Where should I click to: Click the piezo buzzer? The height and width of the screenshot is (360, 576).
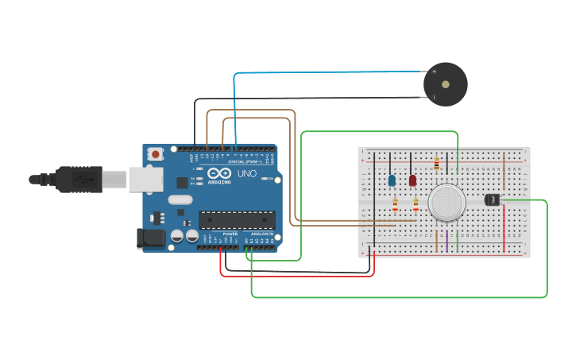445,84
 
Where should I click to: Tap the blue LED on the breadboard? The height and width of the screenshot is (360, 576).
392,180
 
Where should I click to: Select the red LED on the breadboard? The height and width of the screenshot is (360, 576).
412,180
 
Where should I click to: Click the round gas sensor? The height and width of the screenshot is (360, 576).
447,203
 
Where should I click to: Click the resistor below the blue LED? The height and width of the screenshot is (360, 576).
395,207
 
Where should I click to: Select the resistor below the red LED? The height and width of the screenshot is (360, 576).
416,207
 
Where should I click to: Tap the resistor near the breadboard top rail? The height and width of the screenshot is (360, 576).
436,165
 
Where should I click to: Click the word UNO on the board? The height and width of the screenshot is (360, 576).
247,172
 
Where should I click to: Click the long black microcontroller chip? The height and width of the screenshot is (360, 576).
237,219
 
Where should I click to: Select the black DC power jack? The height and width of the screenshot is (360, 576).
150,238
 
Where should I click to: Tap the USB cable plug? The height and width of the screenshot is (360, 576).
79,180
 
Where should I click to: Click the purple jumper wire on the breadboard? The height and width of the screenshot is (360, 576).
446,241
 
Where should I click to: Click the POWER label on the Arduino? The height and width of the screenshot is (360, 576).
230,234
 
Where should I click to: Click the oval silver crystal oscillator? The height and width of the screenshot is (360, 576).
180,200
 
